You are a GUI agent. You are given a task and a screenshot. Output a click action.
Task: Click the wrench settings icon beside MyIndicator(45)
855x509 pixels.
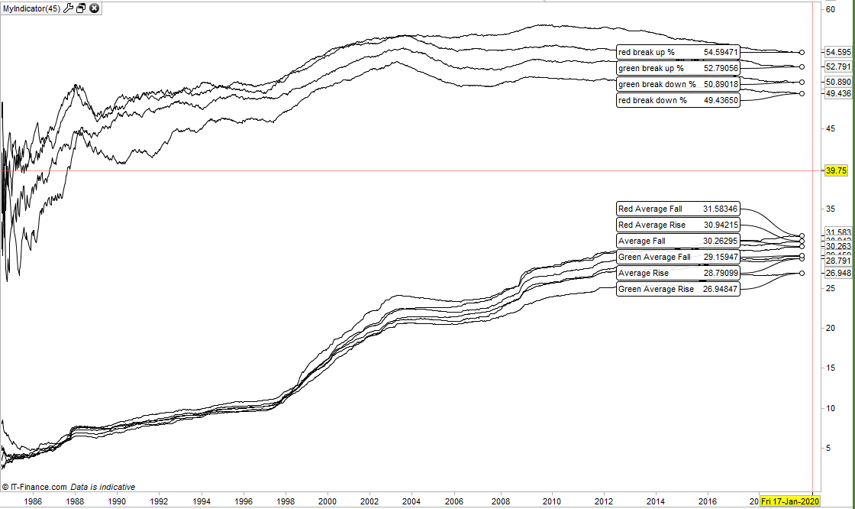(x=68, y=8)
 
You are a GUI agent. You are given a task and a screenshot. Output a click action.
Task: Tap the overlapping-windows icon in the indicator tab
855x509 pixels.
(x=81, y=8)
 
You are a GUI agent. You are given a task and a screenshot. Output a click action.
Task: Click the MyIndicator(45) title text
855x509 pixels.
(x=31, y=8)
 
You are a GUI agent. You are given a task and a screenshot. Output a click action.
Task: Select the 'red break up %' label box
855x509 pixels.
(x=678, y=52)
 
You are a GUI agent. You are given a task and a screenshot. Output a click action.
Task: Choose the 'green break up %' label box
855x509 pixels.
(x=678, y=68)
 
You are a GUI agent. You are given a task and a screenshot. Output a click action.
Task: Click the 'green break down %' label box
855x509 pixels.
(x=678, y=84)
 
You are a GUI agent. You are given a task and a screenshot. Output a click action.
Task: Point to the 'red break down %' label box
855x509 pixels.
(x=678, y=100)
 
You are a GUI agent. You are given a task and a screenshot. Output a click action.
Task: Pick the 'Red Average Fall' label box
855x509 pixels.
(x=678, y=209)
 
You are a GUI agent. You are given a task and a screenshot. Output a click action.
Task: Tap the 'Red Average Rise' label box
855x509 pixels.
(x=678, y=225)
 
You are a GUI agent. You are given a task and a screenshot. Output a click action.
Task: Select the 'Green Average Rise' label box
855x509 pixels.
(x=678, y=289)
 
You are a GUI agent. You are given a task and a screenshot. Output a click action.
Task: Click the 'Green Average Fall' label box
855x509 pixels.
(x=678, y=257)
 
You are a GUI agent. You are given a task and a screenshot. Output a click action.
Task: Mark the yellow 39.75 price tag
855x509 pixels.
(x=837, y=171)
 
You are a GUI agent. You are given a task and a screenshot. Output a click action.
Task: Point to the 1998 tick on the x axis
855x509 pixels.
(x=286, y=501)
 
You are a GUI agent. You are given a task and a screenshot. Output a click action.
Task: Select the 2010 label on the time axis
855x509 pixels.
(x=552, y=501)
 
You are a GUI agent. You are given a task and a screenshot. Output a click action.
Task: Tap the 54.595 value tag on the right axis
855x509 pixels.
(x=838, y=52)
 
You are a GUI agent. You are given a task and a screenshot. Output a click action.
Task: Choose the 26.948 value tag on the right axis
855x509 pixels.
(x=838, y=273)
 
